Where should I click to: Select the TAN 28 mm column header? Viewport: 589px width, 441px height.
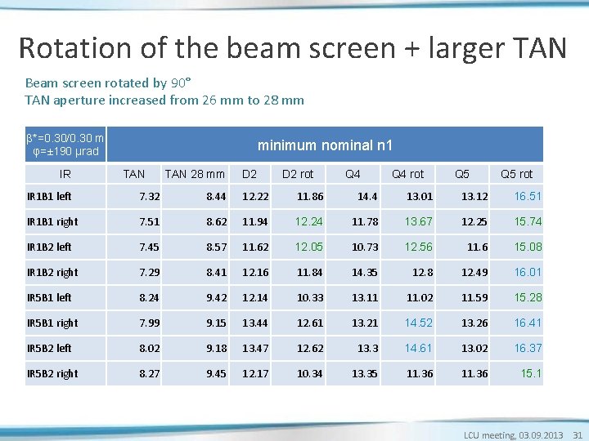point(195,173)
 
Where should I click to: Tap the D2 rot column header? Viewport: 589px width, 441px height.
point(298,173)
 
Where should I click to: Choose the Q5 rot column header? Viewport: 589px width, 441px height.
point(516,173)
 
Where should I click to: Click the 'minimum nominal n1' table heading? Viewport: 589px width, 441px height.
point(325,145)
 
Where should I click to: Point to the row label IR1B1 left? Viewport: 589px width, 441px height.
point(49,197)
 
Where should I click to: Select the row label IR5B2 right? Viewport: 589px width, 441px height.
point(52,373)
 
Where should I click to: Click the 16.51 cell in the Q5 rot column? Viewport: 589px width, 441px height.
point(528,197)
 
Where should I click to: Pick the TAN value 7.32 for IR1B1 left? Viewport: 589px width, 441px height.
point(150,197)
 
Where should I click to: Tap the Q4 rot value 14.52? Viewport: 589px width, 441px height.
point(419,323)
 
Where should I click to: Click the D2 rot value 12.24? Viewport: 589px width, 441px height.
point(309,222)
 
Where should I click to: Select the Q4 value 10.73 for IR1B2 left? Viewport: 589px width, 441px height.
point(365,247)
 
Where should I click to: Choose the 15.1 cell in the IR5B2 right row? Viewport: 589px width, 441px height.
point(533,373)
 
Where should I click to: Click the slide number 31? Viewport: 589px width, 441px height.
point(578,435)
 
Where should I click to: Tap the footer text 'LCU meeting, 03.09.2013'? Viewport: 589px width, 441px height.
point(513,435)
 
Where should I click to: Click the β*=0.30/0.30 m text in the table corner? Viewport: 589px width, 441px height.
point(65,137)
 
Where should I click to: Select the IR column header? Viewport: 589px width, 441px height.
point(65,173)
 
